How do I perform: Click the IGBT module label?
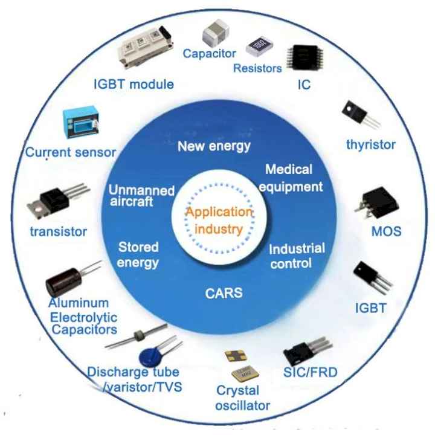pyautogui.click(x=134, y=85)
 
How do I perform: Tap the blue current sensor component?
pyautogui.click(x=80, y=122)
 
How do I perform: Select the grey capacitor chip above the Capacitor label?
pyautogui.click(x=216, y=33)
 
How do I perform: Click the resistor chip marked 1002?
pyautogui.click(x=259, y=45)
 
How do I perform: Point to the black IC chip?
pyautogui.click(x=304, y=57)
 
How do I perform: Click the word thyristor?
pyautogui.click(x=371, y=145)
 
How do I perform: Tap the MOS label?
pyautogui.click(x=386, y=231)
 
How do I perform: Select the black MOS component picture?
pyautogui.click(x=377, y=202)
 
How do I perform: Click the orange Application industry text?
pyautogui.click(x=219, y=221)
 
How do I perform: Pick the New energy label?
pyautogui.click(x=214, y=146)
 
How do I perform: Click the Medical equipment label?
pyautogui.click(x=291, y=178)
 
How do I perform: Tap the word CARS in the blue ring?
pyautogui.click(x=224, y=293)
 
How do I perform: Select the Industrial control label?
pyautogui.click(x=297, y=256)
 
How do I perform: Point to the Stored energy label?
pyautogui.click(x=138, y=255)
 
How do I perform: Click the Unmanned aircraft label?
pyautogui.click(x=141, y=196)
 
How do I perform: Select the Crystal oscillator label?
pyautogui.click(x=242, y=398)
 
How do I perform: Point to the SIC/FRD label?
pyautogui.click(x=310, y=372)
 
